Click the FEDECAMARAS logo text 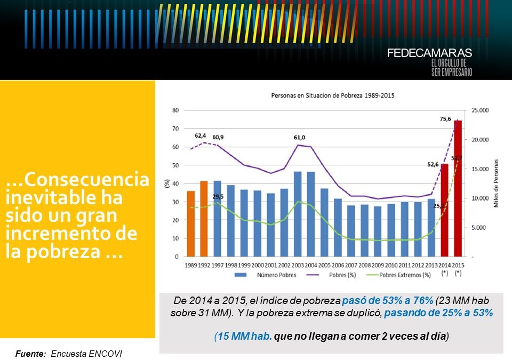click(429, 53)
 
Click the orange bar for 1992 click(204, 219)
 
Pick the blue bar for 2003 click(298, 214)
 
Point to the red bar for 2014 click(444, 210)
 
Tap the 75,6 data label click(445, 119)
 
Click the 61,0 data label click(300, 138)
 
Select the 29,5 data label click(218, 196)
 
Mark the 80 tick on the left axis click(175, 110)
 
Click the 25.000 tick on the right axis click(479, 110)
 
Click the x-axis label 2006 click(338, 265)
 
